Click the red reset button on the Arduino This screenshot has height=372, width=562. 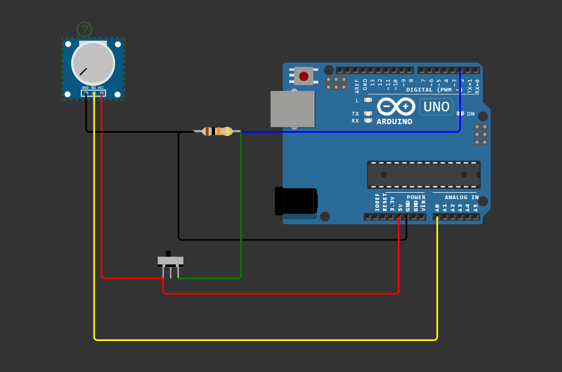(304, 77)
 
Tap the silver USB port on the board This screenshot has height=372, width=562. (292, 109)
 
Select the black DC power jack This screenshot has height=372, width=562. (296, 201)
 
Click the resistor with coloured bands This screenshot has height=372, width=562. (217, 131)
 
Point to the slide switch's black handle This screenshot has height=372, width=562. (168, 254)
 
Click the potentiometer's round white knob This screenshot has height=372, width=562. (93, 63)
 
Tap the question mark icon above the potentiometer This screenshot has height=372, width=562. (84, 29)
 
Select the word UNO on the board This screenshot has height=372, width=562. (436, 107)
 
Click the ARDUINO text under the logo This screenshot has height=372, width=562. (394, 122)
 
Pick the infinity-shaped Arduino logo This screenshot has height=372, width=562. (396, 107)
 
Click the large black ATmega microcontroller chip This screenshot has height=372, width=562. (424, 174)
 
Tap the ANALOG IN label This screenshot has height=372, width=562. (461, 198)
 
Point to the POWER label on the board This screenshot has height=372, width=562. (416, 198)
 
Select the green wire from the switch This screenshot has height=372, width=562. (241, 214)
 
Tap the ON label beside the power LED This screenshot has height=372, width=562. (471, 114)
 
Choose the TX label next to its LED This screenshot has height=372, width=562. (355, 113)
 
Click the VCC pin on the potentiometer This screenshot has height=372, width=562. (102, 93)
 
